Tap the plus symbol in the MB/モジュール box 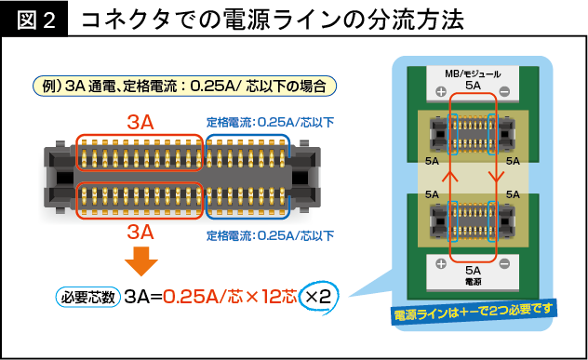(x=437, y=91)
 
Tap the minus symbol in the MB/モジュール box (x=503, y=91)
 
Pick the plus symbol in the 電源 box (x=437, y=270)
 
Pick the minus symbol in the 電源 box (x=503, y=270)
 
